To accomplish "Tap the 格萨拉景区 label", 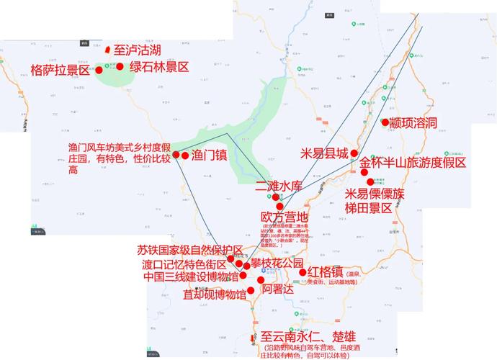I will (60, 70).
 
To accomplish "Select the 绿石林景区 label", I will (158, 67).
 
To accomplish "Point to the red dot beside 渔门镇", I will (185, 155).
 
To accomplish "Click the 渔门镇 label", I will (210, 154).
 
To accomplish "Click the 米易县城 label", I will (324, 153).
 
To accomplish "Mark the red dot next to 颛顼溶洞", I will (385, 122).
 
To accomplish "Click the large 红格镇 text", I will (324, 273).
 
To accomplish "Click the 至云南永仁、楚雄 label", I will (308, 336).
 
